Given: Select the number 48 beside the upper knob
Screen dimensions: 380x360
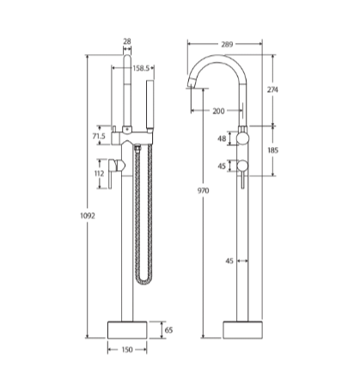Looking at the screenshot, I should [222, 138].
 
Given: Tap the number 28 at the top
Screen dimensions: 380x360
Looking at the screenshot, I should [127, 41].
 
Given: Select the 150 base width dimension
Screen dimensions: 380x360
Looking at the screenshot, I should [127, 350].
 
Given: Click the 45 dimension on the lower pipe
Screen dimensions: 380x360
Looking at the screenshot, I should [229, 260].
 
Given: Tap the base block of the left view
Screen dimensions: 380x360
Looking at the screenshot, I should [127, 329].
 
